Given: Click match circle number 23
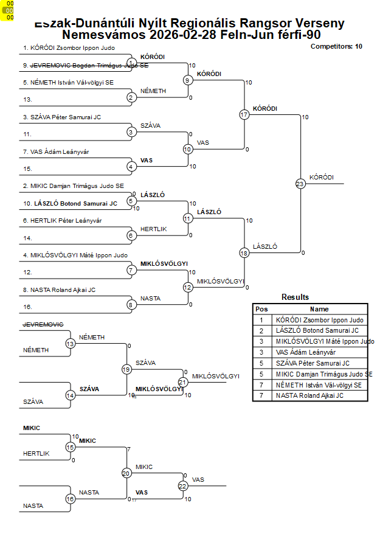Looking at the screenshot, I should [300, 183].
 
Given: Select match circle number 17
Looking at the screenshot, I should [244, 114].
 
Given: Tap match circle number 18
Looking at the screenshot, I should [244, 252].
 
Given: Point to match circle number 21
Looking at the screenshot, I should [182, 382].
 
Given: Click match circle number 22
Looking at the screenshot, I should [182, 485].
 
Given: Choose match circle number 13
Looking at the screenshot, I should [70, 344].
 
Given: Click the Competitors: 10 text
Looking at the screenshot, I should [336, 46].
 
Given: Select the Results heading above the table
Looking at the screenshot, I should [295, 297].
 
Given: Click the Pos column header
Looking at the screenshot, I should [261, 309].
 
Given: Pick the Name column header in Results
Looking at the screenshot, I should [319, 309].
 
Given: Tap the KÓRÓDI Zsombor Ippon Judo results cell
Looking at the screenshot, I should [319, 320].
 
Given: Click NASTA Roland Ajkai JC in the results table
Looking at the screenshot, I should [309, 395].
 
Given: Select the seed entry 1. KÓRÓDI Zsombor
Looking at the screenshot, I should [69, 47].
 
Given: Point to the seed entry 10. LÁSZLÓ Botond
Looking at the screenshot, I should [70, 203].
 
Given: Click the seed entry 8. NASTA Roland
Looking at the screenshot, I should [59, 290].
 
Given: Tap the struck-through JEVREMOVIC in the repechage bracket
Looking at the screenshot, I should [43, 324].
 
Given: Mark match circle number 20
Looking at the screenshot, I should [126, 473].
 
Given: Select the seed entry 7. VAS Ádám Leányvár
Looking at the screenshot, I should [56, 151].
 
